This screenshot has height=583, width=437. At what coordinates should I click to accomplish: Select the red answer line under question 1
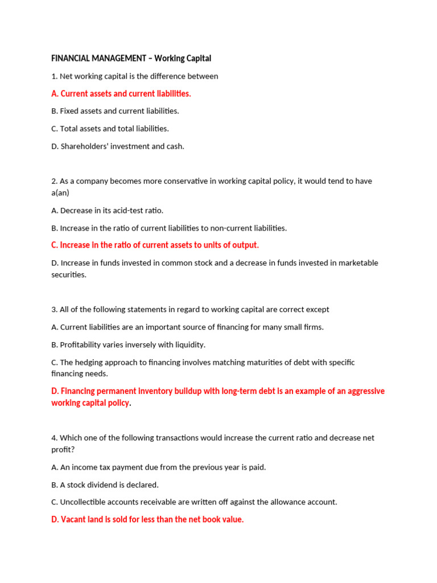[x=121, y=93]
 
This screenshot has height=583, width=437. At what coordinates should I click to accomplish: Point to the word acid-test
[x=131, y=211]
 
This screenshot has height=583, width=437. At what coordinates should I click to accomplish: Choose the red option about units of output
[x=155, y=245]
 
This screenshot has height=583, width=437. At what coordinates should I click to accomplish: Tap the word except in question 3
[x=318, y=310]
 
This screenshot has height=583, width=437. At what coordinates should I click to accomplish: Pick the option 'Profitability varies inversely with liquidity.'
[x=128, y=344]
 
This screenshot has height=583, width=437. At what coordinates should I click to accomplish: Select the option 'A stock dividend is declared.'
[x=105, y=485]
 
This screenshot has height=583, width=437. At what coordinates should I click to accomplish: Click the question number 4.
[x=54, y=438]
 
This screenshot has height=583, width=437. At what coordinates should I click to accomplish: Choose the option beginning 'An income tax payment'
[x=158, y=467]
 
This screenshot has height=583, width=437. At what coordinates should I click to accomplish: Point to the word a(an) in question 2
[x=60, y=193]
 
